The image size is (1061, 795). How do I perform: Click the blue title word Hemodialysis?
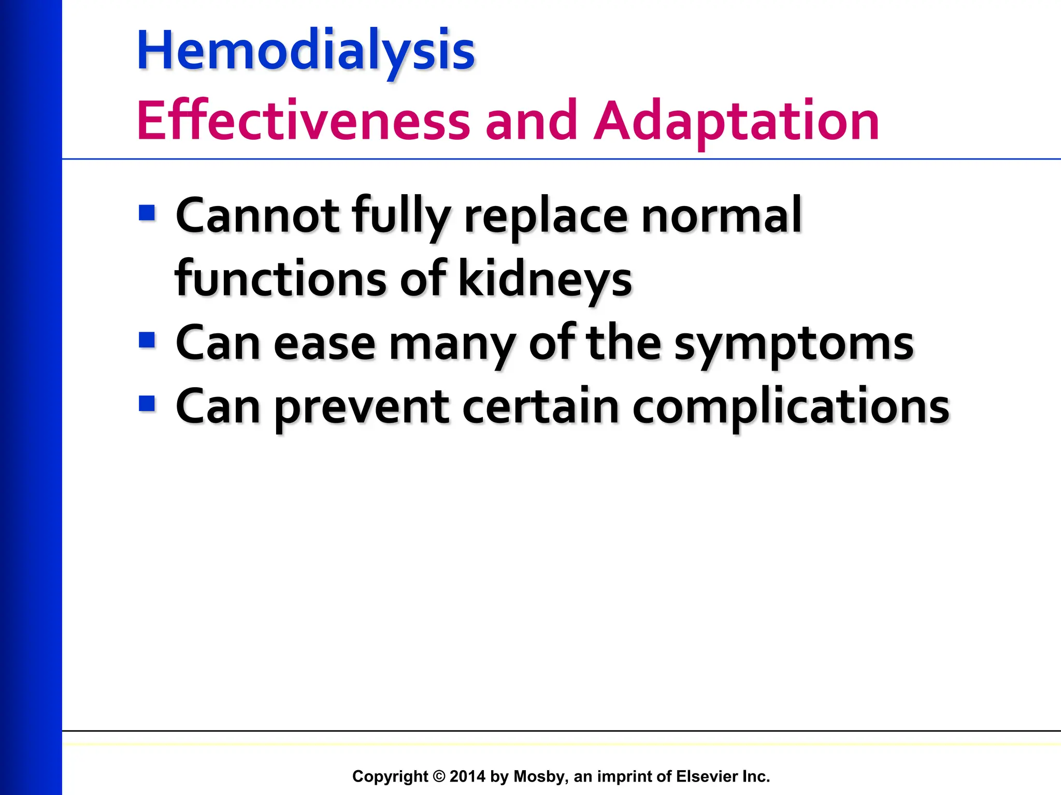pos(306,51)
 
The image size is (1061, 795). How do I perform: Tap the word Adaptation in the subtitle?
pos(736,121)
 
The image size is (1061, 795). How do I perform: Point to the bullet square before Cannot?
pos(147,213)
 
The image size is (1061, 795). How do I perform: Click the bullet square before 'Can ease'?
pos(147,340)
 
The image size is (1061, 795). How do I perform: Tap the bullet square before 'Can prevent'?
pos(147,404)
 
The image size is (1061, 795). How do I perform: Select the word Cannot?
pos(257,215)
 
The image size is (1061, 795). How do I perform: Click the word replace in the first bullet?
pos(546,216)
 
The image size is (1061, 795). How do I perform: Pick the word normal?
pos(721,215)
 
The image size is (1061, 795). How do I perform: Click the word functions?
pos(280,279)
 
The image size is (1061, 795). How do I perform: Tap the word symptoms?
pos(794,344)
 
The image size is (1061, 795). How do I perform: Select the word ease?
pos(324,344)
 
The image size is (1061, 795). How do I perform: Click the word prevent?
pos(361,408)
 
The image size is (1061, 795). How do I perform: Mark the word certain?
pos(540,407)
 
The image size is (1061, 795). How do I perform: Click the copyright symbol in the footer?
pos(439,776)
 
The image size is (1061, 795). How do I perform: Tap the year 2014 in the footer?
pos(467,776)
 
